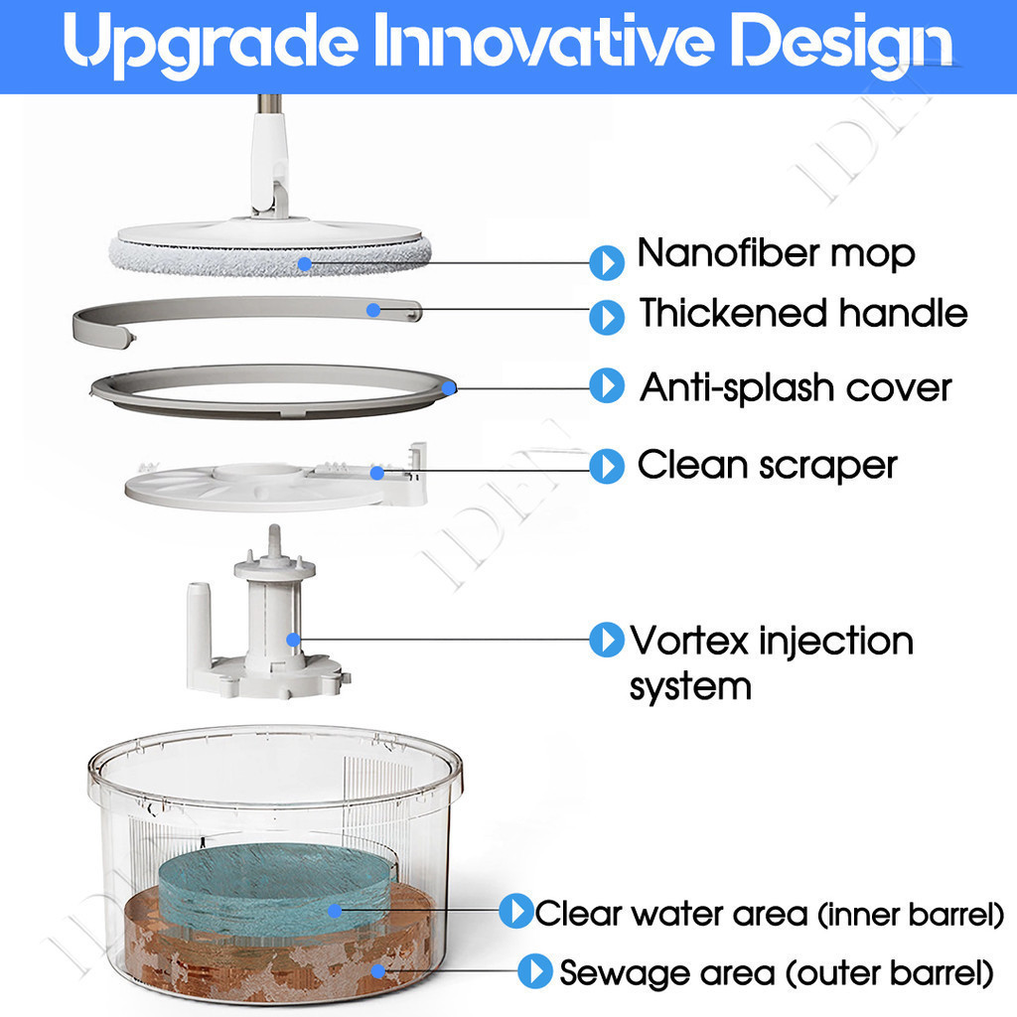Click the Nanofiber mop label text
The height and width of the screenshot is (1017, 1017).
coord(776,253)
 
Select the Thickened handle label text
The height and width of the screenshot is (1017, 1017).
coord(802,313)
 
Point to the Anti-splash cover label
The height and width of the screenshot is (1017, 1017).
coord(796,388)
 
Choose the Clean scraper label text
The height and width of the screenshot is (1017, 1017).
coord(768,465)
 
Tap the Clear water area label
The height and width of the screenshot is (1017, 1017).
coord(770,914)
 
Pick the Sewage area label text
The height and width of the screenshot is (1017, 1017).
coord(777,973)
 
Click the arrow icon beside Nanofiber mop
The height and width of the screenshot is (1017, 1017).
coord(607,262)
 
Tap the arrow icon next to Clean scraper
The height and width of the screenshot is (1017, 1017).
coord(607,467)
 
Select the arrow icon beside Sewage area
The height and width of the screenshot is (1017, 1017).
coord(535,971)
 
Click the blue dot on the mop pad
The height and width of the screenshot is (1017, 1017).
coord(305,264)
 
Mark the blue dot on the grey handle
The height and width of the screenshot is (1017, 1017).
coord(373,310)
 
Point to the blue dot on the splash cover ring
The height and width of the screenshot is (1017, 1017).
coord(449,388)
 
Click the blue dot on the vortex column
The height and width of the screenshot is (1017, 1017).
coord(293,640)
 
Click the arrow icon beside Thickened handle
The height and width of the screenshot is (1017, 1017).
coord(607,317)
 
